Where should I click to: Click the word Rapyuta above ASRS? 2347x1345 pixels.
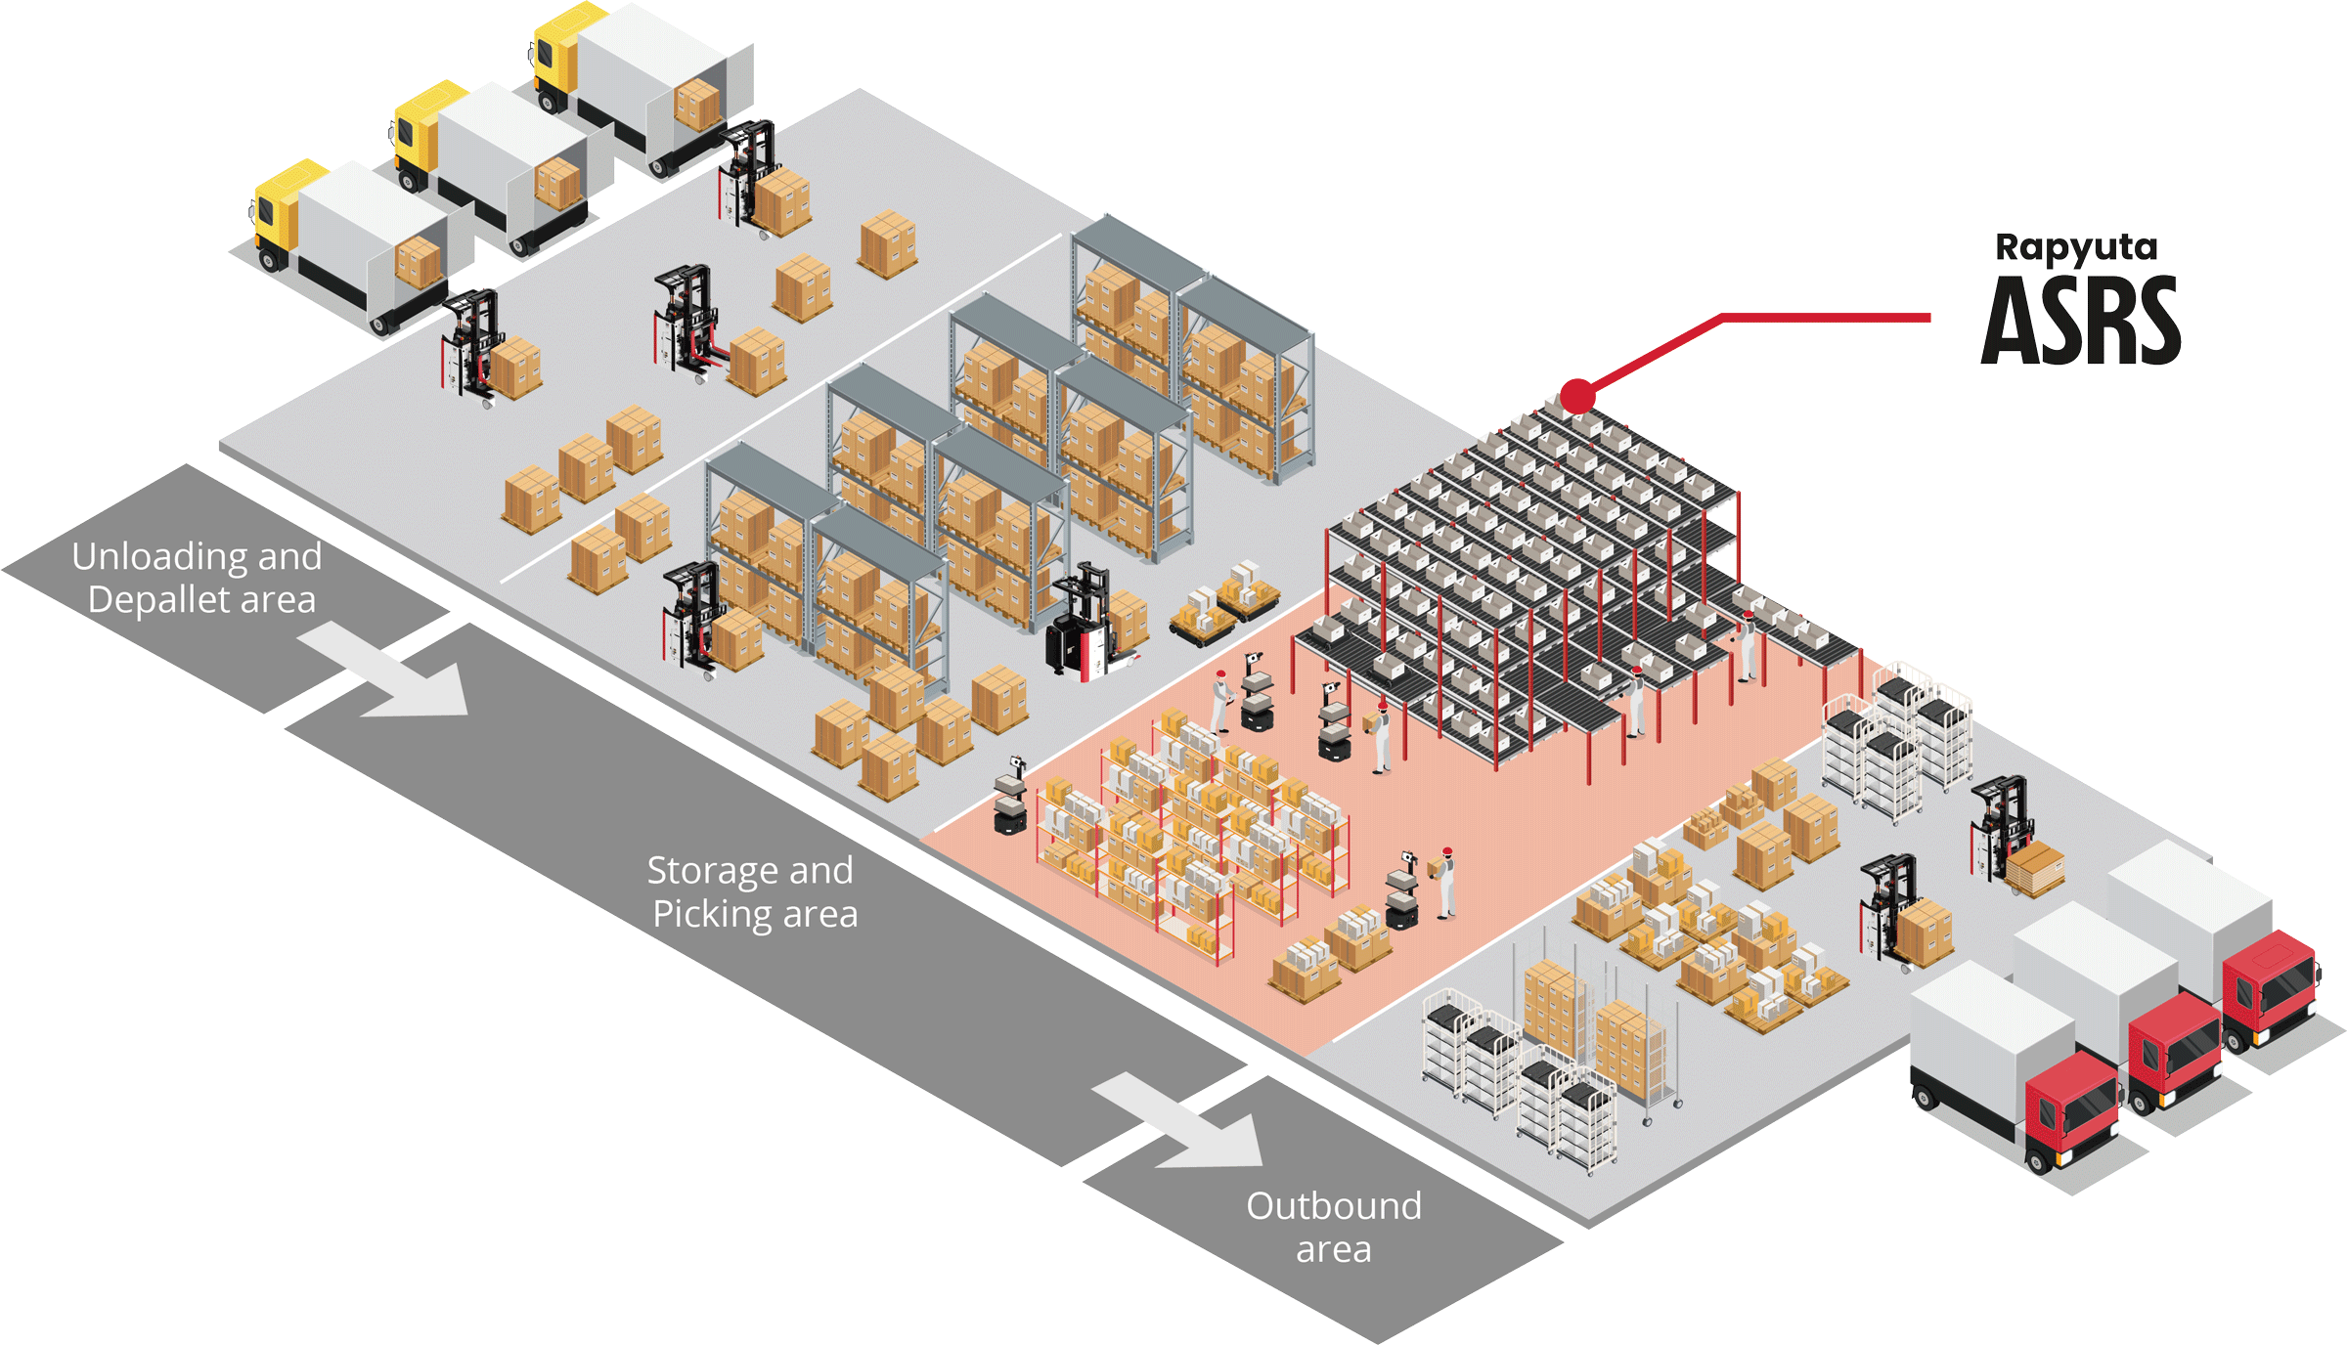point(2075,248)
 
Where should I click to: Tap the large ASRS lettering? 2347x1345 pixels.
point(2081,322)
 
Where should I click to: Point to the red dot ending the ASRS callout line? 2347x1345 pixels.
point(1576,396)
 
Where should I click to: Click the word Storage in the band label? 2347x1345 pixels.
point(713,870)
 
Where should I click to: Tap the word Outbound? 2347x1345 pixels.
point(1333,1206)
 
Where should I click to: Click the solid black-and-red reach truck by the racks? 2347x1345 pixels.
point(1081,626)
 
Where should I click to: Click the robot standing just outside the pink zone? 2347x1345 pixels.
point(1010,797)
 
